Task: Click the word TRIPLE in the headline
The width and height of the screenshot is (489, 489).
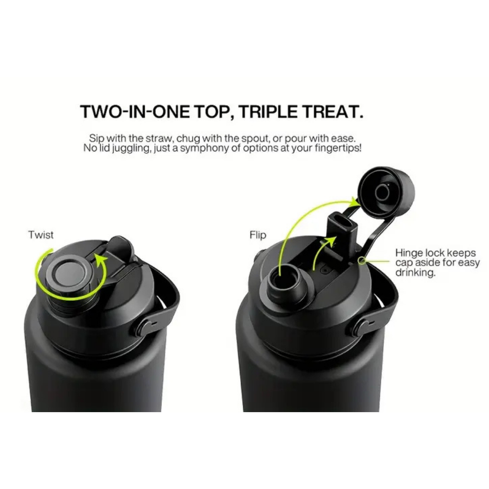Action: (x=268, y=111)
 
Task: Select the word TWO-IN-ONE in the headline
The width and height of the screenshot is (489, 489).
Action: (x=135, y=111)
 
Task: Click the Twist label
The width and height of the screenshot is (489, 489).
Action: (x=41, y=234)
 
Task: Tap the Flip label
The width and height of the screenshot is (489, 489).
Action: (x=258, y=235)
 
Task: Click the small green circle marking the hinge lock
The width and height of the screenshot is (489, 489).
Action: (x=362, y=261)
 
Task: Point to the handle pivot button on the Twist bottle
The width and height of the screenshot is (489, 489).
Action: (x=144, y=327)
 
